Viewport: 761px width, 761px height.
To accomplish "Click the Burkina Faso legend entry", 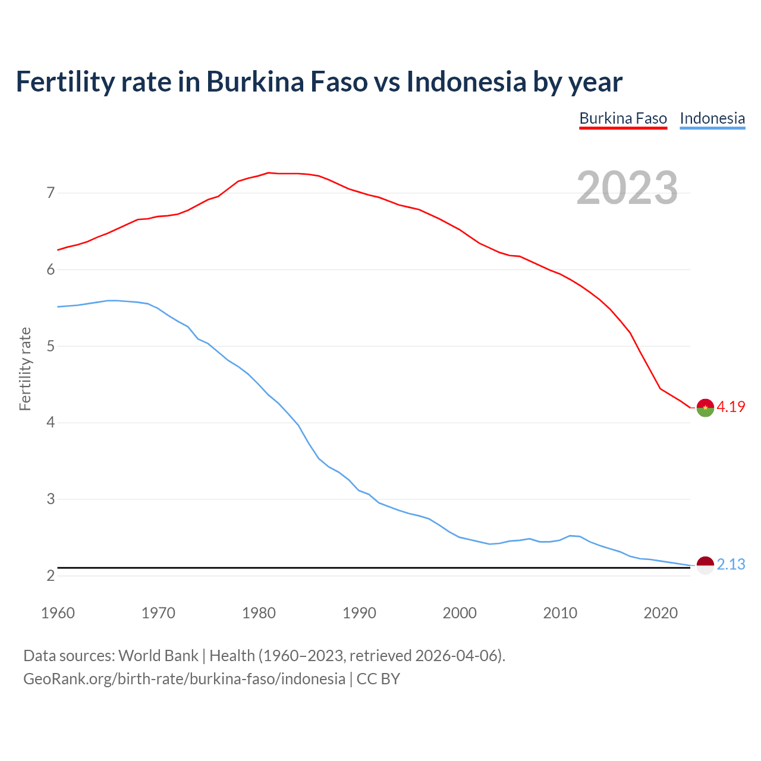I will pos(623,118).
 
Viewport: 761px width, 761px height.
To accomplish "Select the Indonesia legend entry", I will pos(712,118).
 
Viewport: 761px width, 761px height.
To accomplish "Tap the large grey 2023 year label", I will pos(627,188).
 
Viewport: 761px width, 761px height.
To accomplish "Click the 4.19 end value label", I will pos(731,407).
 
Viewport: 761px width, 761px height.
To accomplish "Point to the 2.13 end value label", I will pos(731,564).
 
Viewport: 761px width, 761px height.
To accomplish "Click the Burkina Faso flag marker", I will pos(705,408).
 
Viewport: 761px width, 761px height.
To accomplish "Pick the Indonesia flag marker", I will pos(705,565).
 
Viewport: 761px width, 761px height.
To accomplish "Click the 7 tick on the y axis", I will pos(51,193).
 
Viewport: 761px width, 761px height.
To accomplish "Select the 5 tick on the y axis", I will pos(51,346).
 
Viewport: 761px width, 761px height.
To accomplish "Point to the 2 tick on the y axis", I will pos(51,576).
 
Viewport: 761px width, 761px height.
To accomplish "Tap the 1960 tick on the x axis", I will pos(58,613).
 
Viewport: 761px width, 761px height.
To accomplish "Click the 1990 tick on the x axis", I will pos(359,613).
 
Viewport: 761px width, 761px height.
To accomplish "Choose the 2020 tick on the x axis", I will pos(661,613).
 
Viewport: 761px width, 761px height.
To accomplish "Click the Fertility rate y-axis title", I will pos(25,369).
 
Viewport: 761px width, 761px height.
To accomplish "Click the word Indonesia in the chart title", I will pos(466,81).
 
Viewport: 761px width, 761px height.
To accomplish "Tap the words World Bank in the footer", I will pos(158,656).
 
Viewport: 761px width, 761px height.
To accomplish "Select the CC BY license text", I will pos(378,679).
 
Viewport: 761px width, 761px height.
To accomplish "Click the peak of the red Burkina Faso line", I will pos(268,172).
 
